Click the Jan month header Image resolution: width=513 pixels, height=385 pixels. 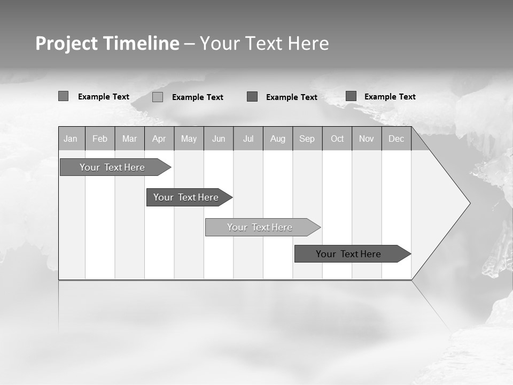coord(71,138)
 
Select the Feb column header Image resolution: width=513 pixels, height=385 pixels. coord(100,138)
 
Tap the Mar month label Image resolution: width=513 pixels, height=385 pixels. coord(129,138)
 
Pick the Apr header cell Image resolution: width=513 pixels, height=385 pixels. coord(159,138)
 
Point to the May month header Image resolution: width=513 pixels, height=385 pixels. coord(189,138)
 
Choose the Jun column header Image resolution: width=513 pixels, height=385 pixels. coord(219,138)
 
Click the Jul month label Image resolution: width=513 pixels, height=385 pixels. coord(248,138)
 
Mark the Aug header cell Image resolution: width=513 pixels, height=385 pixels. coord(278,138)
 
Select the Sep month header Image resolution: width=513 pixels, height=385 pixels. coord(307,138)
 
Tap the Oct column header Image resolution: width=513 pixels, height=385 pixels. coord(337,138)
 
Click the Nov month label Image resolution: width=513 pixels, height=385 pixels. coord(367,138)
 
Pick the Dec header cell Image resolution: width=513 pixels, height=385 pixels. coord(397,138)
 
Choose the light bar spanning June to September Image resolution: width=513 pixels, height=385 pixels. coord(260,227)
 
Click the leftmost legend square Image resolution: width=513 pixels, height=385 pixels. coord(63,96)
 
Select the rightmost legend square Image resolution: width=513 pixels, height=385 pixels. coord(351,96)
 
